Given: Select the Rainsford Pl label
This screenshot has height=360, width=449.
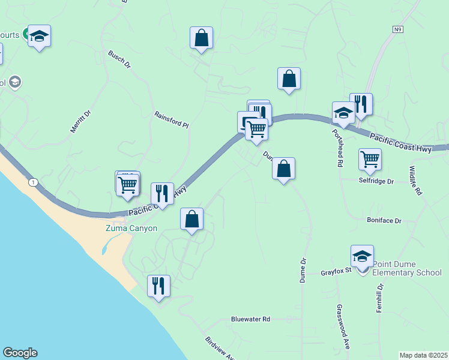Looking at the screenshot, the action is tap(171, 120).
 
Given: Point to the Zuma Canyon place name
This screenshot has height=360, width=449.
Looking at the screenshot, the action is tap(131, 228).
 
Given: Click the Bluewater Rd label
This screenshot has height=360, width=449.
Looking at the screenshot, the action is tap(250, 319).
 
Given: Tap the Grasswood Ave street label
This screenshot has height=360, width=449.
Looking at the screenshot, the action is tap(343, 326).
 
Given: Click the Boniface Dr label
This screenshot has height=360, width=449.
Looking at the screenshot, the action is tap(384, 220).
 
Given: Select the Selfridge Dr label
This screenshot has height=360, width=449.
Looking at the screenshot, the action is tap(376, 181).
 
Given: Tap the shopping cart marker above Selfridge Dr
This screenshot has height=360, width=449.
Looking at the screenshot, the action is tap(370, 160).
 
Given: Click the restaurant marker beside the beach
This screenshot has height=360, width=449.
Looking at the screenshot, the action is tap(158, 286).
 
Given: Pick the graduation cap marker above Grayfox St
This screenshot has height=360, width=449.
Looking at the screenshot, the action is tap(362, 256).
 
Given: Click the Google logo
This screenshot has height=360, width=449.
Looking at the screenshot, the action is tap(20, 353).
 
